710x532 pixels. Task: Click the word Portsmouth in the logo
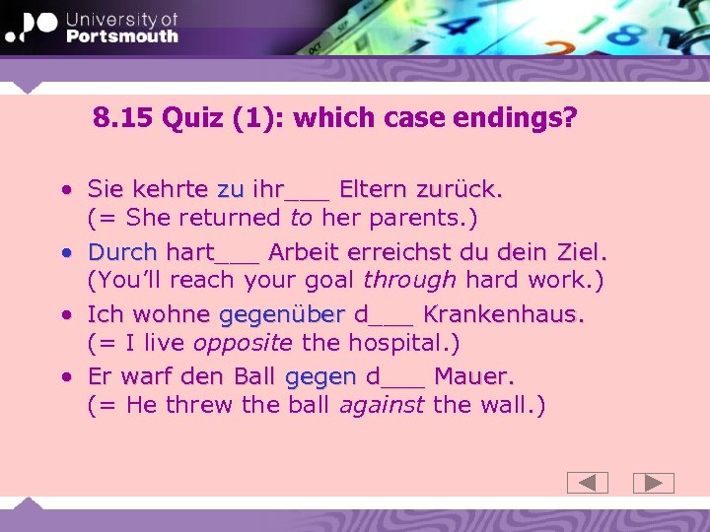(122, 35)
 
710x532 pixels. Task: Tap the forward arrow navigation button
(653, 483)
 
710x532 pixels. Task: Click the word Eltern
(373, 188)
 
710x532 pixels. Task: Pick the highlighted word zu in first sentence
(230, 188)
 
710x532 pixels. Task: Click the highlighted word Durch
(122, 251)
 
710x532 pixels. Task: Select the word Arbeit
(305, 251)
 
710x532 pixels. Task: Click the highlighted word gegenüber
(281, 314)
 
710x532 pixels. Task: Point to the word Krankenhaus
(503, 314)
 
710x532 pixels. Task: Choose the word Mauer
(473, 376)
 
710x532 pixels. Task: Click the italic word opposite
(242, 343)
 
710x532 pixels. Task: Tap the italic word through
(409, 280)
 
